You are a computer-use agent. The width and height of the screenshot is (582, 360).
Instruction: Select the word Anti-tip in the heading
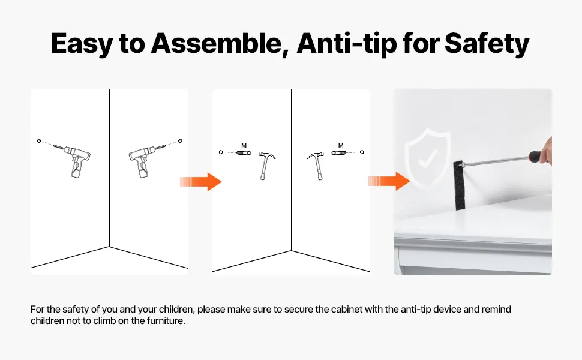[x=347, y=43]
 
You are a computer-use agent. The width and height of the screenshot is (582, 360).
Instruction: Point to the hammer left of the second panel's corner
[x=266, y=166]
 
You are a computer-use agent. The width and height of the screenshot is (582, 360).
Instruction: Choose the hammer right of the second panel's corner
[x=316, y=166]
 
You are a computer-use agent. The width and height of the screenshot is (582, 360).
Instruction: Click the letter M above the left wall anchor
[x=244, y=145]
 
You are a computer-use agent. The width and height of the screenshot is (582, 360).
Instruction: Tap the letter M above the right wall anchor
[x=341, y=145]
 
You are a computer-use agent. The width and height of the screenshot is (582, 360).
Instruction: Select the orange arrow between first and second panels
[x=201, y=181]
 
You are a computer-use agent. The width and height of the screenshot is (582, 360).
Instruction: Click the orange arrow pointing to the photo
[x=389, y=181]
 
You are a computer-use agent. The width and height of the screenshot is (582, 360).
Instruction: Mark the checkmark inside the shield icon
[x=427, y=160]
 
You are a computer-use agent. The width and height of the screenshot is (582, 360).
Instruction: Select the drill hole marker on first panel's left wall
[x=39, y=141]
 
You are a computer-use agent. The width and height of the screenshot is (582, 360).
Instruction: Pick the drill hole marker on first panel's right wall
[x=181, y=140]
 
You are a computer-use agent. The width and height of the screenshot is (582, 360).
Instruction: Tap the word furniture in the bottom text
[x=166, y=320]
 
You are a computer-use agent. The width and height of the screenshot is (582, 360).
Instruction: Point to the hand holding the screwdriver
[x=546, y=151]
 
